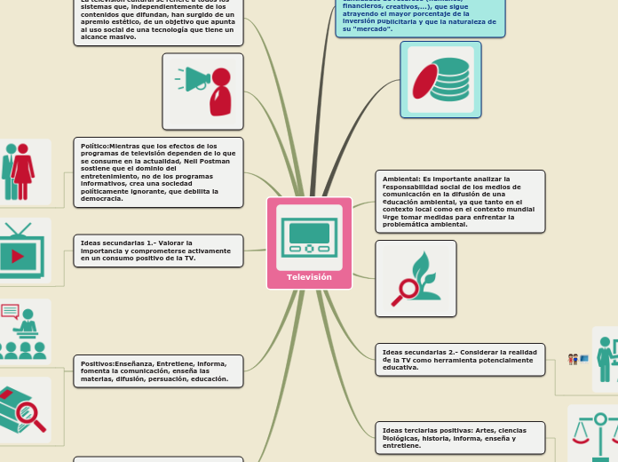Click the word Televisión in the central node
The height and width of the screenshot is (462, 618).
[x=309, y=277]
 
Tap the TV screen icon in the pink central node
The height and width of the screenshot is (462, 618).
[x=309, y=236]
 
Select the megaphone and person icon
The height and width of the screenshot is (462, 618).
[x=202, y=91]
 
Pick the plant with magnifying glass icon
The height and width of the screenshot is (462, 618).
[x=416, y=278]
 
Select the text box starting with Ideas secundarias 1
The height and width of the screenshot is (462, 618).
[x=158, y=251]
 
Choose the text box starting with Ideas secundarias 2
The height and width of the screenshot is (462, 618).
[x=460, y=359]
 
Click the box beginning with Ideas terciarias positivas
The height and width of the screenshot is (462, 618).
[x=460, y=437]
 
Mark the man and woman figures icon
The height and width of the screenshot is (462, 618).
[x=16, y=171]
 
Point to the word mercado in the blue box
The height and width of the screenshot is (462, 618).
[x=373, y=29]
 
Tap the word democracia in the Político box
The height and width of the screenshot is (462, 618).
[x=105, y=198]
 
